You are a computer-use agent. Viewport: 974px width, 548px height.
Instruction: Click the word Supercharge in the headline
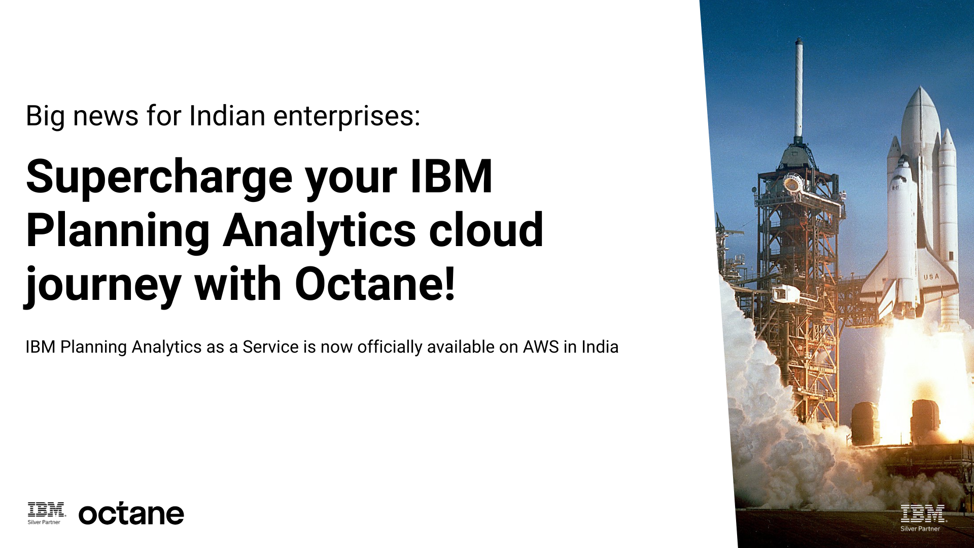159,178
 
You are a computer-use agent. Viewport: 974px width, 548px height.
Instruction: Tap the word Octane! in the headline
375,284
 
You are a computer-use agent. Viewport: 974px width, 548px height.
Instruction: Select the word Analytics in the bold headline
319,231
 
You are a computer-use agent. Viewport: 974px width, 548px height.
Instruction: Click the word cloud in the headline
486,231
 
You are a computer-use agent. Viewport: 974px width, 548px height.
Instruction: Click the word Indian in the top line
227,116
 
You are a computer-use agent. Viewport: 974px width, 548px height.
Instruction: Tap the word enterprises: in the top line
347,117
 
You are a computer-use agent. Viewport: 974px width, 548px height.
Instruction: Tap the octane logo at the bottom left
131,514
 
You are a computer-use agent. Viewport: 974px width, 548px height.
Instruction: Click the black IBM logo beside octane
47,509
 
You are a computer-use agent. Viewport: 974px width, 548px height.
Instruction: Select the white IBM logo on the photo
923,513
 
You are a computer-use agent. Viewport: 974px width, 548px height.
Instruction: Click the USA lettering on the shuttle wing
931,277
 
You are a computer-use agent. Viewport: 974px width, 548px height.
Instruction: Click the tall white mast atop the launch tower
799,86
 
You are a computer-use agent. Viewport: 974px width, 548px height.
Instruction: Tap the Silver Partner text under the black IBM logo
44,522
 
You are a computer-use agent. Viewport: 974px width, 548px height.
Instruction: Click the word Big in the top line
45,116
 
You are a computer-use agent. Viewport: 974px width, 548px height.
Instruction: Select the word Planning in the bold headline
118,231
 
